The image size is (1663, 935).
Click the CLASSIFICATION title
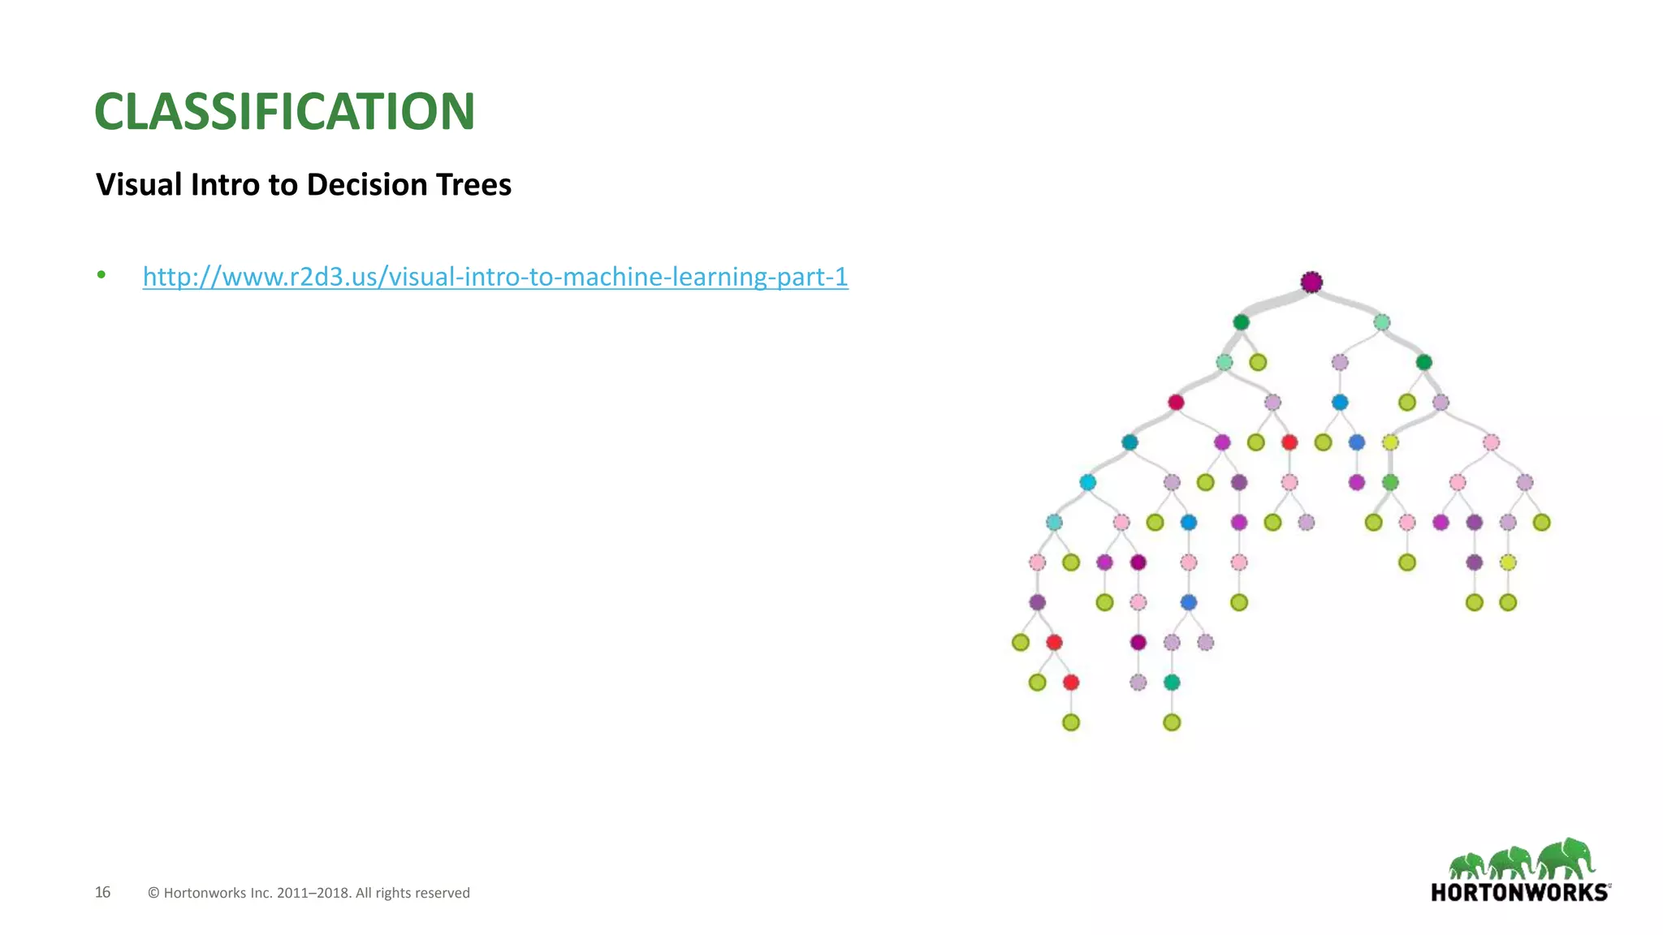pos(284,111)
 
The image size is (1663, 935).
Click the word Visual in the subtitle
pos(139,185)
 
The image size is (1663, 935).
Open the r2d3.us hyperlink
pos(495,277)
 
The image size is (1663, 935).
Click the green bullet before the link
pos(102,275)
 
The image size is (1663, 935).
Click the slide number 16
pos(102,892)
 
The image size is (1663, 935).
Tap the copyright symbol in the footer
pos(153,893)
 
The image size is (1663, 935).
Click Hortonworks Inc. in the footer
pos(218,893)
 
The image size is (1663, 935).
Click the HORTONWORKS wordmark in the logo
pos(1519,893)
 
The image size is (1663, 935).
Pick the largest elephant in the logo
pos(1567,859)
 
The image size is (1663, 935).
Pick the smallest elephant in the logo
pos(1467,866)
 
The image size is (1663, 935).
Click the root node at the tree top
pos(1311,282)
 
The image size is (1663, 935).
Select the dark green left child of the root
pos(1241,322)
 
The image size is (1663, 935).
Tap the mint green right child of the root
pos(1382,322)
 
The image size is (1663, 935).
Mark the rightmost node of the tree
pos(1541,523)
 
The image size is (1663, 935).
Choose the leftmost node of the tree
pos(1021,643)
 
